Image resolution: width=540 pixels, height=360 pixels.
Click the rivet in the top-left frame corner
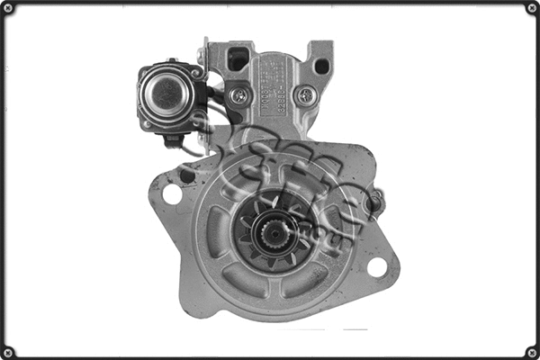tap(9, 9)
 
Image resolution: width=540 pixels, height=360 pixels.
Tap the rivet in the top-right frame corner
tap(531, 9)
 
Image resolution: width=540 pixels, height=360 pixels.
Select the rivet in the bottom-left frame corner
tap(9, 351)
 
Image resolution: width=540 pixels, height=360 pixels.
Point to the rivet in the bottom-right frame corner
tap(531, 351)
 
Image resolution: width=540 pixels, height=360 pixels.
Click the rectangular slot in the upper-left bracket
tap(238, 60)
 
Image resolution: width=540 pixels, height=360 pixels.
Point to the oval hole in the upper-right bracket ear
tap(320, 66)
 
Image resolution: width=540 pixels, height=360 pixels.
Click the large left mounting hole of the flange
tap(172, 193)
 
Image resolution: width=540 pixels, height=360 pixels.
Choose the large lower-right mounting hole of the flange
tap(377, 266)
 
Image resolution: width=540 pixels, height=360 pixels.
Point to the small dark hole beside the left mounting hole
tap(187, 175)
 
